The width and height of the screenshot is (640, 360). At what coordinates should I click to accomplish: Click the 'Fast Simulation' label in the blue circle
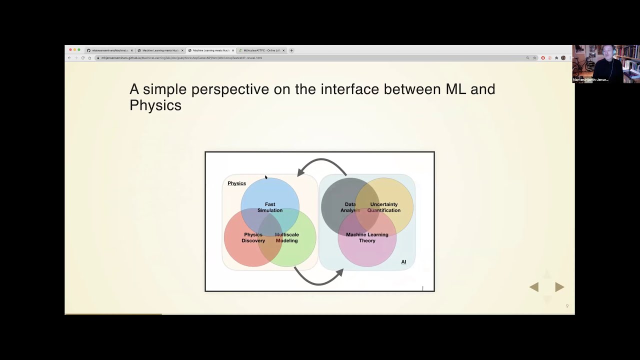point(270,207)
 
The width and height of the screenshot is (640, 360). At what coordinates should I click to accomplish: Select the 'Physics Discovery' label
point(253,237)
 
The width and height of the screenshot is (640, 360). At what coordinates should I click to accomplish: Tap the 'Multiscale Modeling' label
point(286,237)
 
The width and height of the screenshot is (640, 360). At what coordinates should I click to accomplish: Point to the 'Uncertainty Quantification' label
point(383,207)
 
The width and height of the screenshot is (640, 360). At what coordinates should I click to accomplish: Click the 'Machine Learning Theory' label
point(367,237)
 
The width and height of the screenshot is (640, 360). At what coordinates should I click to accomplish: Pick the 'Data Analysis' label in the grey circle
point(350,207)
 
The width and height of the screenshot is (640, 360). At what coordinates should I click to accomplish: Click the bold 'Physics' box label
point(236,183)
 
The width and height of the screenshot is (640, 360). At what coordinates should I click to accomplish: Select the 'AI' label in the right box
point(403,262)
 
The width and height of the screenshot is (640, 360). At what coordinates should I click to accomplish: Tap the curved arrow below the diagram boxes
point(318,277)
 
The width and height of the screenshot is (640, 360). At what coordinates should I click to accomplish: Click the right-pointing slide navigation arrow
point(559,287)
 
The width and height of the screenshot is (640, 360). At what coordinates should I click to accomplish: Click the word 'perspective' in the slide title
point(230,89)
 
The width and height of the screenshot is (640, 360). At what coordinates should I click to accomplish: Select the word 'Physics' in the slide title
point(155,105)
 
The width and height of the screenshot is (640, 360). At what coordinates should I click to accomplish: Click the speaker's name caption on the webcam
point(590,80)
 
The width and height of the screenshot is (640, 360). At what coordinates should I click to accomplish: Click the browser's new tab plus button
point(291,50)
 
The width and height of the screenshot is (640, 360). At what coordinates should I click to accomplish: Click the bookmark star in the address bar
point(534,58)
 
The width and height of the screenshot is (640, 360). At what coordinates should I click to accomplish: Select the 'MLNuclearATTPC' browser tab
point(261,50)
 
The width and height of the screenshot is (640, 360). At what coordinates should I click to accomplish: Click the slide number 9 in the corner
point(567,306)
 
